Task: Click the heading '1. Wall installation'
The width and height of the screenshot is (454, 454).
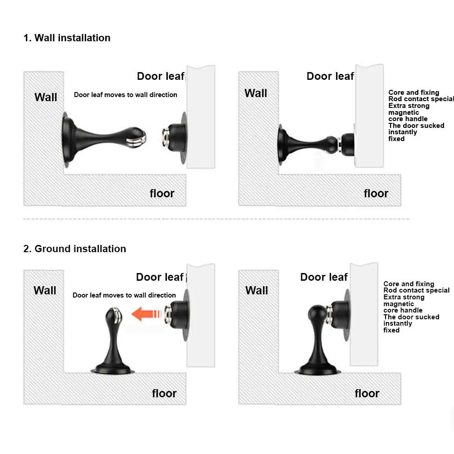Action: (x=67, y=38)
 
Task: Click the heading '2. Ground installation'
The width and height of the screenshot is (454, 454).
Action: (x=75, y=249)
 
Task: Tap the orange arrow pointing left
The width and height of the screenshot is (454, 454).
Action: (x=146, y=314)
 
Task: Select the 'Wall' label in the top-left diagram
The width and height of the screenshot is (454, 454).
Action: (x=46, y=97)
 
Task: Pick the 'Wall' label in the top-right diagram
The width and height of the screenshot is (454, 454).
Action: (x=256, y=93)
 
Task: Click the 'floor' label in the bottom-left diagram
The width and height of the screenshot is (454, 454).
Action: (x=164, y=394)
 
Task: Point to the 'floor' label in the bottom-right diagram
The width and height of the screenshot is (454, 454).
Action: (x=367, y=394)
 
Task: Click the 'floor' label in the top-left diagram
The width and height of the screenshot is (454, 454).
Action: (x=162, y=193)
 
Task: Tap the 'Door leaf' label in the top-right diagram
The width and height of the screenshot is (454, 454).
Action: (x=330, y=76)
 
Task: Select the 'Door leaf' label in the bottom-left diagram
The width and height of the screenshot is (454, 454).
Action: (x=160, y=277)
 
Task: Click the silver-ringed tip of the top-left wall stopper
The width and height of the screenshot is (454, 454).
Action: (x=136, y=137)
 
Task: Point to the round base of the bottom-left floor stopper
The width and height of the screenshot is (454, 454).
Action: (x=112, y=370)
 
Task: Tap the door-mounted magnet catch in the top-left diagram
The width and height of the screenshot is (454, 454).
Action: (x=175, y=137)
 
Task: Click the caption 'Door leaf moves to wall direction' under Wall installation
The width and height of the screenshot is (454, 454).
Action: (x=125, y=95)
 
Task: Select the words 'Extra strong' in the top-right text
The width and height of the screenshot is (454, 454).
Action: (x=409, y=106)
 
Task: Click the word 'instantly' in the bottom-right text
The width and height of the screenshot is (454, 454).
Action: (x=398, y=324)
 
